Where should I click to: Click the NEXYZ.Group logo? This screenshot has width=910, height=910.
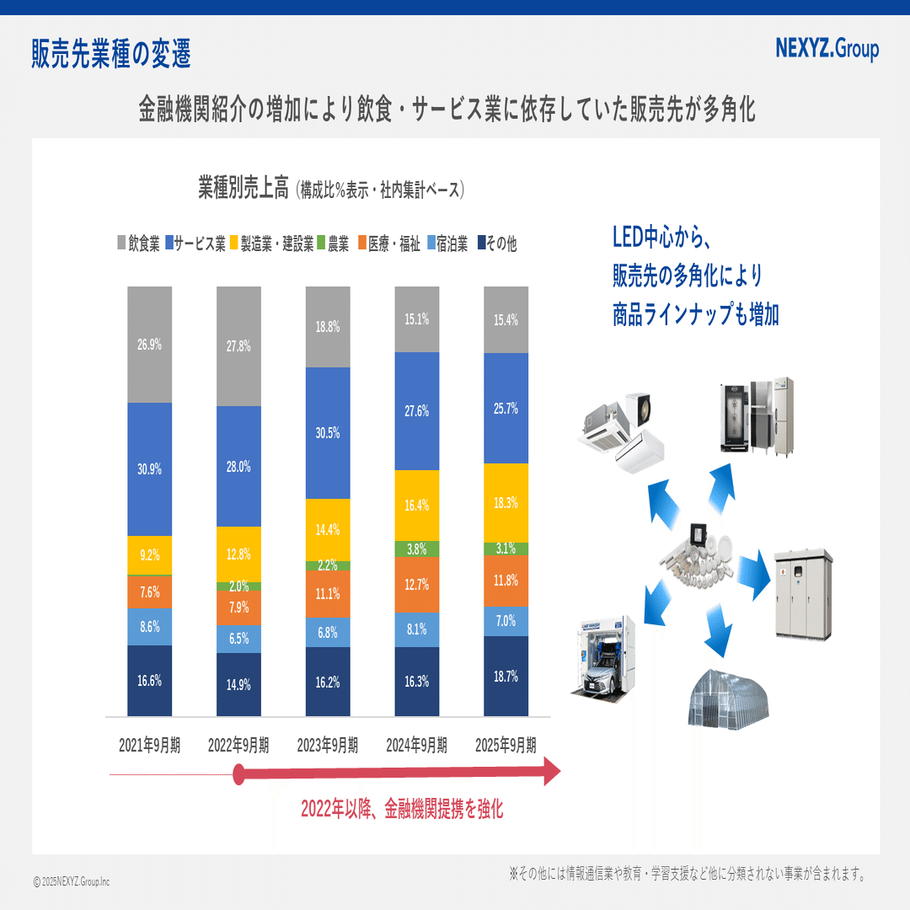point(827,49)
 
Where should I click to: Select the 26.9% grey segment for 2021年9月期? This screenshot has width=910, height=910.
point(150,344)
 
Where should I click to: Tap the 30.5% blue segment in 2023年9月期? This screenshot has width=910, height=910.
point(328,432)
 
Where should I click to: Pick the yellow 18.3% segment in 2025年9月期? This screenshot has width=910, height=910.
point(506,502)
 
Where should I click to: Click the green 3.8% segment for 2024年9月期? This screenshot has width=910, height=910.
point(417,549)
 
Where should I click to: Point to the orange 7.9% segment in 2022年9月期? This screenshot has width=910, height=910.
point(238,608)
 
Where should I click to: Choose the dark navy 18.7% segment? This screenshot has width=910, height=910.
point(506,677)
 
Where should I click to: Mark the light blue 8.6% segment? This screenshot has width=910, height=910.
point(150,627)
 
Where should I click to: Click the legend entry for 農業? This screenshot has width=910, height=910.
point(333,244)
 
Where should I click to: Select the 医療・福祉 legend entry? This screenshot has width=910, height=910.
point(389,244)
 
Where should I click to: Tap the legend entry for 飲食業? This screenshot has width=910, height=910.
point(138,244)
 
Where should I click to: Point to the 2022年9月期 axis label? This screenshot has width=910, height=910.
point(238,745)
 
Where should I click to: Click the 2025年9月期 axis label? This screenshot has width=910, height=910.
point(506,745)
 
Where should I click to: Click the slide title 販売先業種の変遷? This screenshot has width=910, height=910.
point(111,54)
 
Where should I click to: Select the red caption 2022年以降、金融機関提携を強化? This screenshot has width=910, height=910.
point(402,810)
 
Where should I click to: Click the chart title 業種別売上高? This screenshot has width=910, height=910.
point(244,188)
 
